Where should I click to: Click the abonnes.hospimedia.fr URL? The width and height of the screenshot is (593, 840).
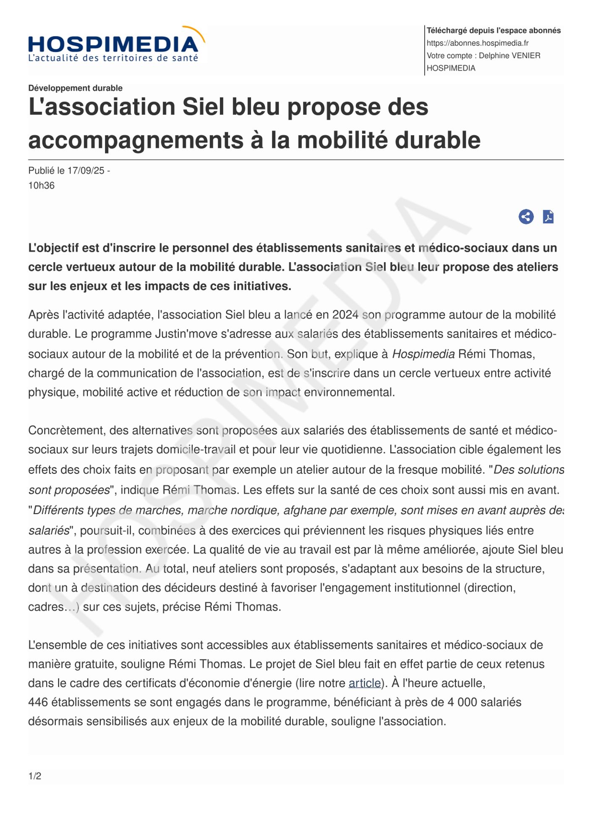pos(478,43)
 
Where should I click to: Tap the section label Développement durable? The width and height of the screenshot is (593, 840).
pos(76,88)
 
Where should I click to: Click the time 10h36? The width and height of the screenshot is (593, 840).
pos(41,186)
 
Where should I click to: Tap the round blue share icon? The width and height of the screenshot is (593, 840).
pos(526,217)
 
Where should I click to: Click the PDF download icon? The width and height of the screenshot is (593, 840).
pos(548,217)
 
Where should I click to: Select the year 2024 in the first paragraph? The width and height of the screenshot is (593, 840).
pos(345,315)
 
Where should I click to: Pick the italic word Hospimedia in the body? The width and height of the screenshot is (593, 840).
pos(423,354)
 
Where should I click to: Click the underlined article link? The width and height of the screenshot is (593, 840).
pos(364,683)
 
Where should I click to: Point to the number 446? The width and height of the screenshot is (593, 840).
pos(38,702)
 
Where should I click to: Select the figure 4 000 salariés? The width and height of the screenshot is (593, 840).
pos(484,702)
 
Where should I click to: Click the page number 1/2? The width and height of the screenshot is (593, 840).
pos(35,776)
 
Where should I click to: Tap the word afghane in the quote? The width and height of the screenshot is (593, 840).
pos(305,510)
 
